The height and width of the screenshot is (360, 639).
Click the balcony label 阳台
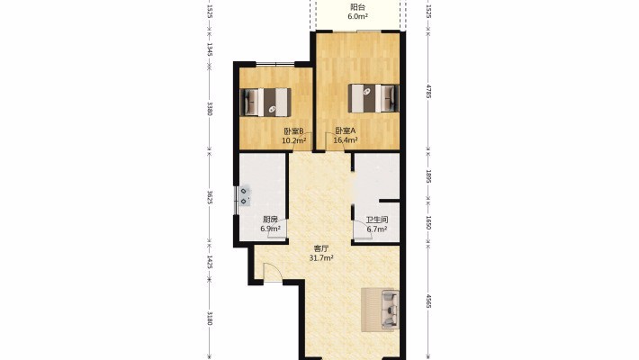pyautogui.click(x=357, y=7)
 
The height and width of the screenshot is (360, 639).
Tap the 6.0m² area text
pyautogui.click(x=357, y=16)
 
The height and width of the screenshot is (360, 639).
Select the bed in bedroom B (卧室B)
pyautogui.click(x=265, y=102)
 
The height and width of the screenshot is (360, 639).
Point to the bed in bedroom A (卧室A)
pyautogui.click(x=373, y=98)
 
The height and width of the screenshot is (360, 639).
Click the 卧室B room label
pyautogui.click(x=293, y=131)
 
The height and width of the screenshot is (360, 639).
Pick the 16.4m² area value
pyautogui.click(x=346, y=140)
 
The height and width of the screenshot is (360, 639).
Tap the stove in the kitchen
pyautogui.click(x=244, y=195)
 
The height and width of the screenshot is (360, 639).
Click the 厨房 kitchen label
pyautogui.click(x=270, y=220)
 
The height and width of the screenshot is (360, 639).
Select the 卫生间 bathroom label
pyautogui.click(x=376, y=220)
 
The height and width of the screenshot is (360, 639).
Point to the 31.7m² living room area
pyautogui.click(x=321, y=257)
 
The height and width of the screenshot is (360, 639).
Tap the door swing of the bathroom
pyautogui.click(x=362, y=229)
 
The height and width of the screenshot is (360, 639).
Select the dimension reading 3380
pyautogui.click(x=210, y=109)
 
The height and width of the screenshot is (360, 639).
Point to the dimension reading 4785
pyautogui.click(x=428, y=91)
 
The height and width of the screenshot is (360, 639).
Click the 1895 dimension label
pyautogui.click(x=428, y=177)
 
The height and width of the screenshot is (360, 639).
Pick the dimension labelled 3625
pyautogui.click(x=210, y=197)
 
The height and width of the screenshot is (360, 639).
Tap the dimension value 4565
pyautogui.click(x=428, y=301)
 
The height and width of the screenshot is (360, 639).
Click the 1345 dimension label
pyautogui.click(x=210, y=49)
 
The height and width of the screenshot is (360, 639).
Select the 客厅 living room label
pyautogui.click(x=321, y=248)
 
